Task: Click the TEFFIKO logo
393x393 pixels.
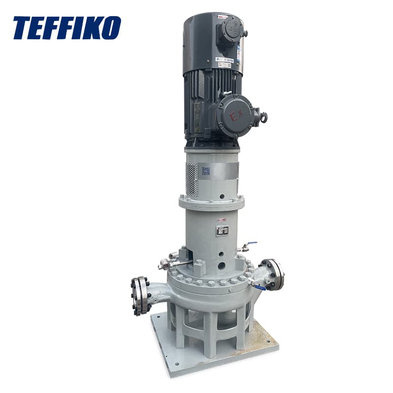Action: point(66,28)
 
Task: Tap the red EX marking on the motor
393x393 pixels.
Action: point(236,116)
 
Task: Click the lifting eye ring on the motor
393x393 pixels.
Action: point(263,117)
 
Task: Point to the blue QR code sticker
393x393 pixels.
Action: point(205,171)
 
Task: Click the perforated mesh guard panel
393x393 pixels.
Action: point(192,179)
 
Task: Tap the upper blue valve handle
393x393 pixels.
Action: point(252,244)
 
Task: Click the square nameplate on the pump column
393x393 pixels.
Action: point(222,230)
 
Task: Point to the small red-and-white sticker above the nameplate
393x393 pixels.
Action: point(222,220)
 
